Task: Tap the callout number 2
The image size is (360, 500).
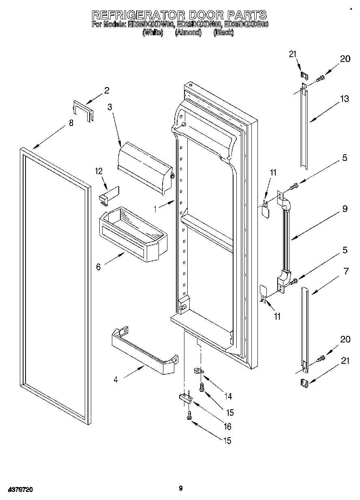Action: [x=106, y=90]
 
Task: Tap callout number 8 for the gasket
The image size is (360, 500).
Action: [x=71, y=124]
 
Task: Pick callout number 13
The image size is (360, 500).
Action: [x=344, y=98]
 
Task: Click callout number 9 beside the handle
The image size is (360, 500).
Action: [x=344, y=209]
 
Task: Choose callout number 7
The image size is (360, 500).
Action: [x=346, y=271]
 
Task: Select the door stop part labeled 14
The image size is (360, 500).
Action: [x=198, y=370]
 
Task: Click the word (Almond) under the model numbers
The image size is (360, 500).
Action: [x=188, y=33]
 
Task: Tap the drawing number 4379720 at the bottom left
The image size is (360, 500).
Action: [x=19, y=490]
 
